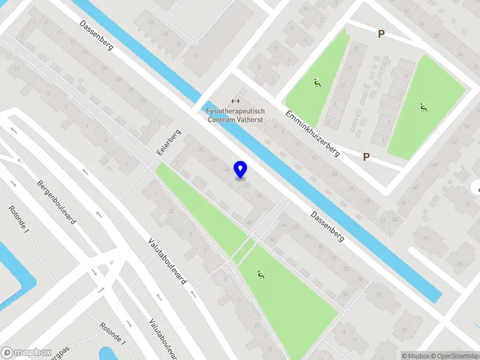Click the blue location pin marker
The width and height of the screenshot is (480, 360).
(241, 169)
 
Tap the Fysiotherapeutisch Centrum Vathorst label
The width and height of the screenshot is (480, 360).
(235, 116)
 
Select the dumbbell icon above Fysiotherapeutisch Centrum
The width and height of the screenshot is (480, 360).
(235, 101)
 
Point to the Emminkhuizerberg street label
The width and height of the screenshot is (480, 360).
(312, 133)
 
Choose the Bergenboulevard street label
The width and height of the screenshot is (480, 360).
(56, 202)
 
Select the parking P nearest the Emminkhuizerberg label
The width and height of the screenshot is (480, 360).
(366, 157)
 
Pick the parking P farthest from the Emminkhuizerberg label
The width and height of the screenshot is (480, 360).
(381, 34)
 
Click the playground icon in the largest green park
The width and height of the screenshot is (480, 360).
(260, 275)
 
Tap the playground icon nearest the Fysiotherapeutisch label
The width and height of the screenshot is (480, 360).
(317, 83)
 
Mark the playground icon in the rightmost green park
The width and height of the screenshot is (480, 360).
(424, 107)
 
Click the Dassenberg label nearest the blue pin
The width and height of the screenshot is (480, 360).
(327, 226)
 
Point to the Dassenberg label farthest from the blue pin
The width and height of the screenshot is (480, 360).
(95, 35)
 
